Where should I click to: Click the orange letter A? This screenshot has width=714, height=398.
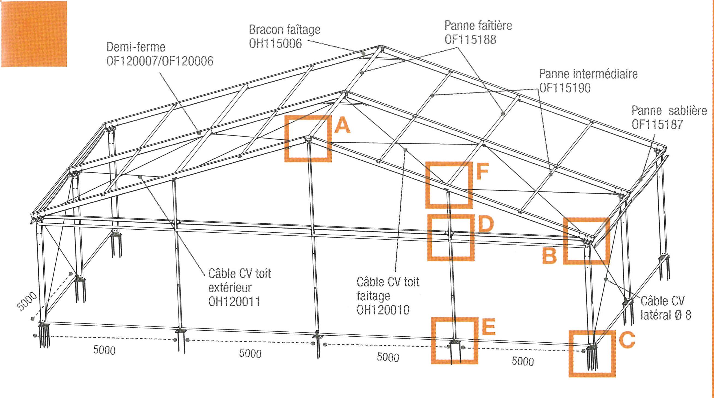tap(343, 126)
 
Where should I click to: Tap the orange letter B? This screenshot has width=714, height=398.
tap(549, 255)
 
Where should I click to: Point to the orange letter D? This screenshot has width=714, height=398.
tap(486, 224)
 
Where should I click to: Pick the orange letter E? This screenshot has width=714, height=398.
tap(489, 327)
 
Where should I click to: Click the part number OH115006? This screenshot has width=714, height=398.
tap(275, 43)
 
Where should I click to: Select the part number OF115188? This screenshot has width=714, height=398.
tap(470, 39)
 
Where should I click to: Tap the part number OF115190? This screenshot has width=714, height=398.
tap(565, 88)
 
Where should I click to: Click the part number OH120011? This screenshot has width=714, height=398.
tap(234, 301)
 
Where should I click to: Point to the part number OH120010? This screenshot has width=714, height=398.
tap(383, 310)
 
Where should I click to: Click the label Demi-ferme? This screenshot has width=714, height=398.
tap(136, 47)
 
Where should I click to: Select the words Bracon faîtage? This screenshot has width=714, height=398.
tap(284, 30)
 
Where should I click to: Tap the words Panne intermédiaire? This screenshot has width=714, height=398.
tap(588, 74)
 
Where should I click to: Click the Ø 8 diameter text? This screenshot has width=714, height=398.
tap(683, 315)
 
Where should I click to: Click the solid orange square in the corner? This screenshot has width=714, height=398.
tap(34, 34)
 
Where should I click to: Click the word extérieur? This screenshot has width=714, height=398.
tap(230, 288)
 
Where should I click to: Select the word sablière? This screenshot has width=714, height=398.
tap(688, 110)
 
